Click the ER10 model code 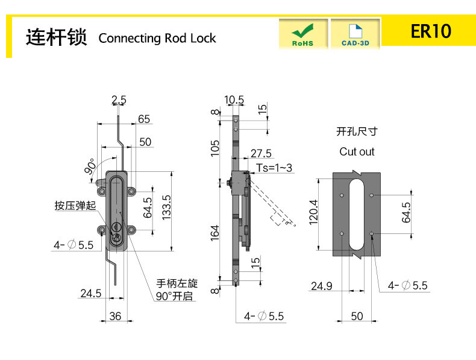click(x=430, y=31)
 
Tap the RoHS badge click(x=302, y=34)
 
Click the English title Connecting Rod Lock click(x=157, y=38)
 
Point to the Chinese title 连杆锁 click(x=57, y=37)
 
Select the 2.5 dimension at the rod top click(x=119, y=99)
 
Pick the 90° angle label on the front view click(x=90, y=167)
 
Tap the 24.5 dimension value click(x=90, y=293)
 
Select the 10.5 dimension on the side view click(x=234, y=99)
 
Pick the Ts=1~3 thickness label click(x=274, y=168)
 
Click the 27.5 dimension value click(x=261, y=153)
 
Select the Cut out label click(x=357, y=151)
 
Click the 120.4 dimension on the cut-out click(x=313, y=212)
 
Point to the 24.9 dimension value click(x=321, y=286)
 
